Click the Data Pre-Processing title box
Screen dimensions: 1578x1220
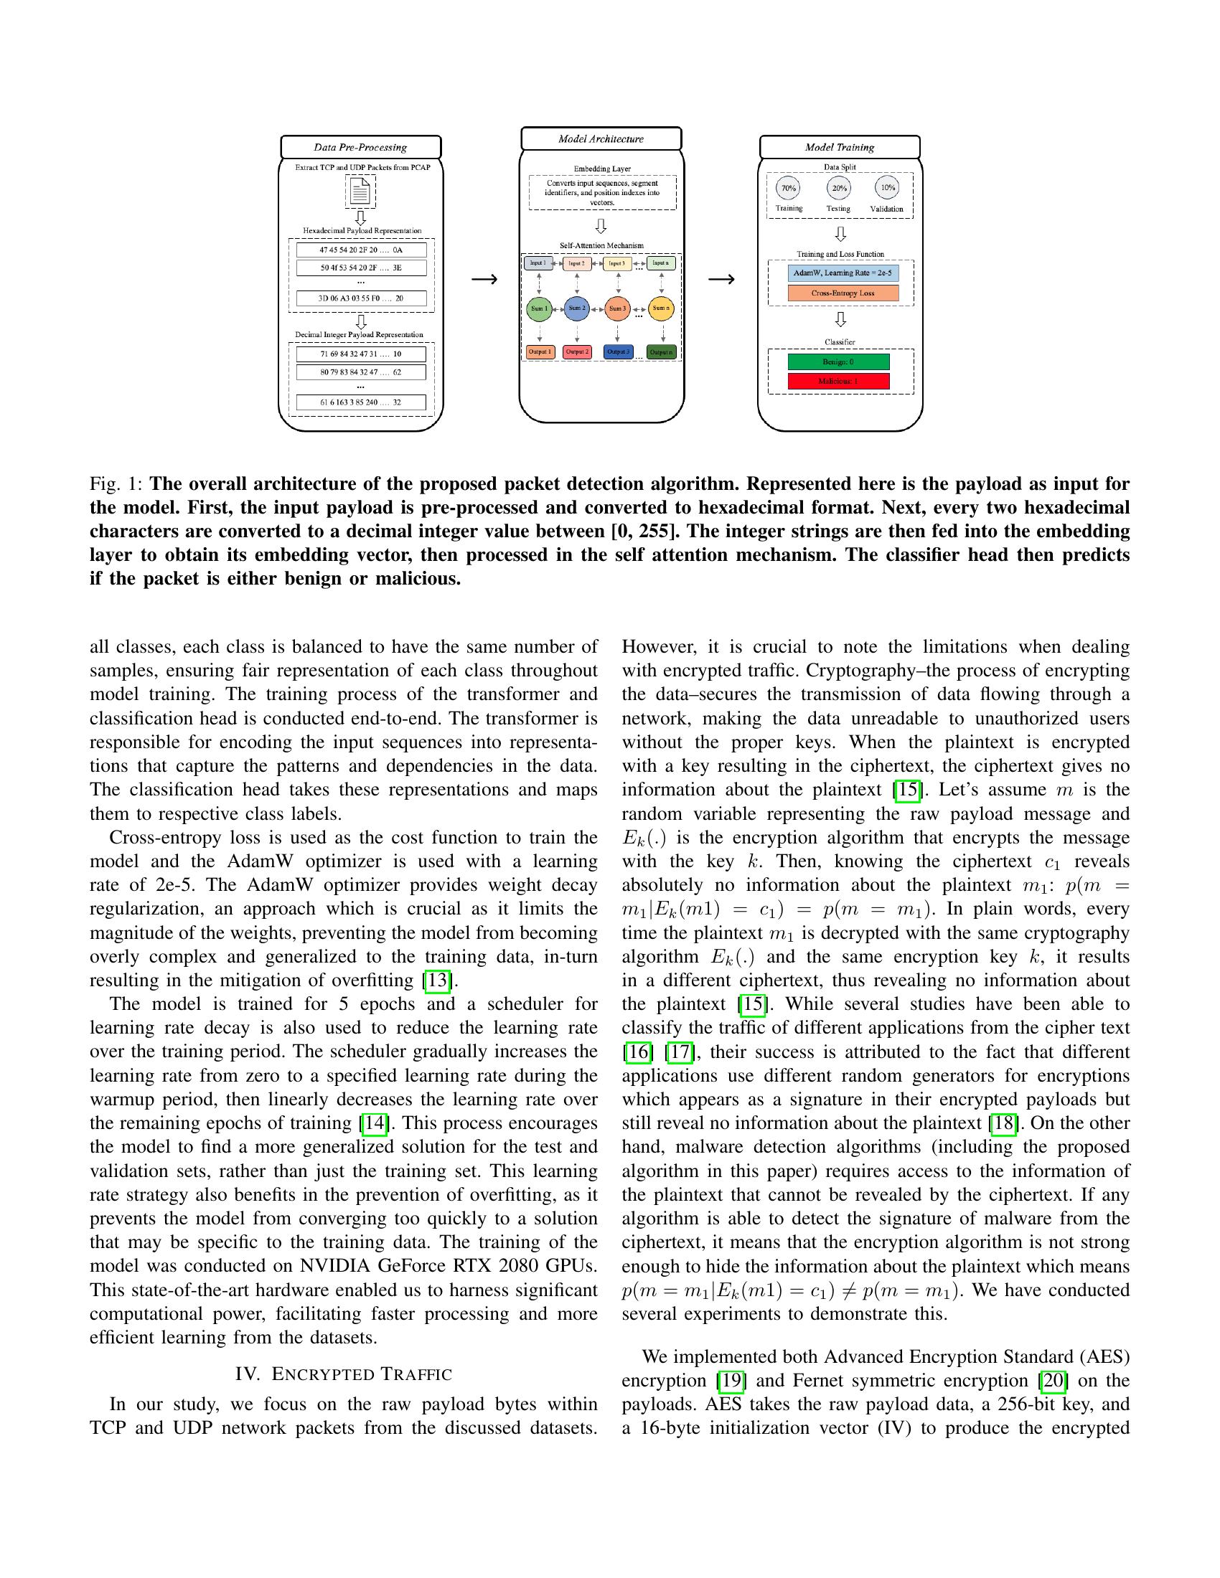[x=361, y=146]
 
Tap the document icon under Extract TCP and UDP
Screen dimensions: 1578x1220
[x=360, y=192]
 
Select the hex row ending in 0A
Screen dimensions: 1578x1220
[x=361, y=250]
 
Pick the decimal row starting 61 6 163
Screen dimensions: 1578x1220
[x=361, y=402]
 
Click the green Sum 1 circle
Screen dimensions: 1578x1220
[x=540, y=308]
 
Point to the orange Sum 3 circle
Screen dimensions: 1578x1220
[x=617, y=308]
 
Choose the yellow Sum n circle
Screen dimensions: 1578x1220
[x=660, y=308]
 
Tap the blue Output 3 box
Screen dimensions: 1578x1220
[x=617, y=352]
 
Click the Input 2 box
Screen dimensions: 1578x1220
[x=577, y=264]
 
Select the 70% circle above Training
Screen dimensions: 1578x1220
[x=788, y=188]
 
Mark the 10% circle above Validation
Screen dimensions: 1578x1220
[x=887, y=188]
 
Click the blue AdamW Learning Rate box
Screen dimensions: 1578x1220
[x=843, y=273]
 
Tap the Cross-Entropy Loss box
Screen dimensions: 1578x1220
[x=843, y=293]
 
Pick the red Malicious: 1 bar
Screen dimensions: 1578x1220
[x=838, y=381]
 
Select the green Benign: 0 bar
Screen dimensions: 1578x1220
[x=838, y=362]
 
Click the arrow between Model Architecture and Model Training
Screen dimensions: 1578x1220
[x=721, y=279]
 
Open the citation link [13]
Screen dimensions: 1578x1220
[x=438, y=981]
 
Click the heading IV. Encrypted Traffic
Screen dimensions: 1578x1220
[x=343, y=1374]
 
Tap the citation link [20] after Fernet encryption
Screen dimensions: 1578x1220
[x=1052, y=1380]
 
